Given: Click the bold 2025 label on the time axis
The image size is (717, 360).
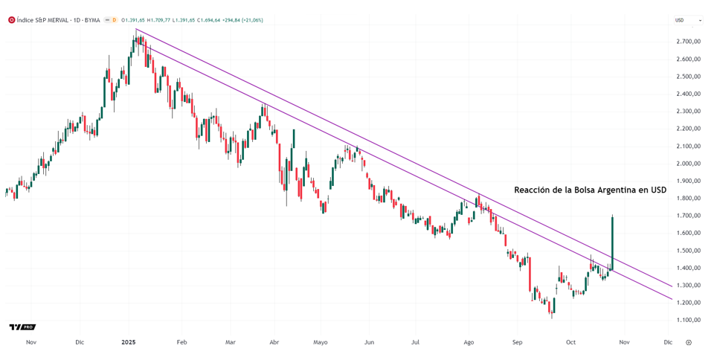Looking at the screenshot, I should pyautogui.click(x=128, y=343).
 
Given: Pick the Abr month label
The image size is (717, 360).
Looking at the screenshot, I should pyautogui.click(x=274, y=343).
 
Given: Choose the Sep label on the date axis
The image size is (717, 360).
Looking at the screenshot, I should pyautogui.click(x=518, y=343).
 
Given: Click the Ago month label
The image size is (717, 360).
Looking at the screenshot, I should pyautogui.click(x=469, y=343).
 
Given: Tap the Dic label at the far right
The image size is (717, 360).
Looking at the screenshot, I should pyautogui.click(x=668, y=343).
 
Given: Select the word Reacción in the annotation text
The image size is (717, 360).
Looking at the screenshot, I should pyautogui.click(x=534, y=190).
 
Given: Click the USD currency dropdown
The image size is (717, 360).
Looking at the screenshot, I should pyautogui.click(x=687, y=20).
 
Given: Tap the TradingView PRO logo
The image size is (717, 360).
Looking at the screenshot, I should pyautogui.click(x=22, y=327).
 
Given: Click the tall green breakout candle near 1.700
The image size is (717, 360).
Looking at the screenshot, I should pyautogui.click(x=612, y=242).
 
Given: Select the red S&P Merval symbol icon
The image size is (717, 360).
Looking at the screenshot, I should pyautogui.click(x=11, y=20).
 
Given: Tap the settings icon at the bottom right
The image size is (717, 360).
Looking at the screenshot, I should pyautogui.click(x=689, y=343).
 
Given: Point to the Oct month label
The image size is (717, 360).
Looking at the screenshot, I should pyautogui.click(x=570, y=343).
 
